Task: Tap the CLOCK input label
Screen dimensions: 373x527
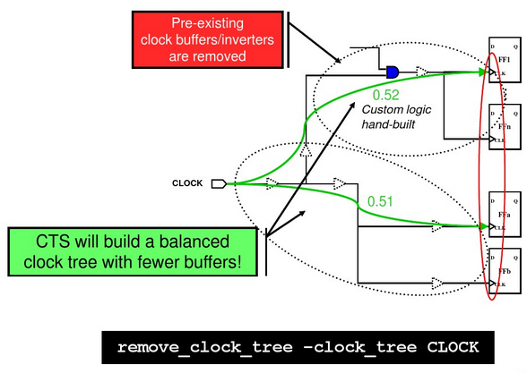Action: pyautogui.click(x=188, y=183)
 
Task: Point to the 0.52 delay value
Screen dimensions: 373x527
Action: pyautogui.click(x=384, y=93)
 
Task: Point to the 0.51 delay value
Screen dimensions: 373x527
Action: pyautogui.click(x=380, y=201)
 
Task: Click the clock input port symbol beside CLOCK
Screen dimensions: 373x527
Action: pyautogui.click(x=218, y=183)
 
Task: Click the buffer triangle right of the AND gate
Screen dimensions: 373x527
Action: pyautogui.click(x=423, y=71)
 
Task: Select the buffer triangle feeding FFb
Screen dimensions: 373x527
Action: pyautogui.click(x=436, y=284)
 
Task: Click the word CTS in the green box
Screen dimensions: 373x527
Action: pyautogui.click(x=56, y=242)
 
